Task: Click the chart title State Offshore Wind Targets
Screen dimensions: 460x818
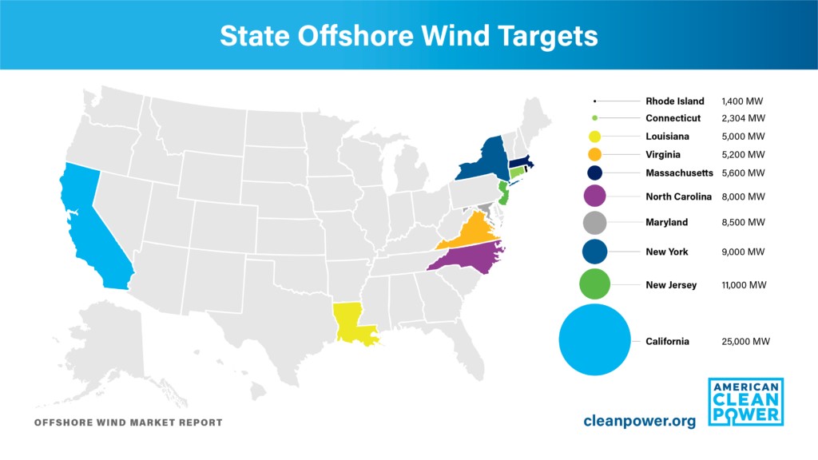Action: (x=408, y=36)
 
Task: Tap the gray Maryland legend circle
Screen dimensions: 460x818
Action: (x=594, y=222)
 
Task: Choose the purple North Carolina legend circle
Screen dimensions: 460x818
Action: (x=594, y=196)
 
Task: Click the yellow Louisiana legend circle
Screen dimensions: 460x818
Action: (x=594, y=137)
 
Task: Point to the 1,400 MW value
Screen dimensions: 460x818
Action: (x=743, y=101)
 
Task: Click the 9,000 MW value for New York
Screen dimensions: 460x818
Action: (x=743, y=252)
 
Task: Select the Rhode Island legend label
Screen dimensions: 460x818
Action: (x=675, y=101)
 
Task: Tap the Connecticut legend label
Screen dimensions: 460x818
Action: (x=673, y=118)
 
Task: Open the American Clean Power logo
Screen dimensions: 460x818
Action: (x=745, y=401)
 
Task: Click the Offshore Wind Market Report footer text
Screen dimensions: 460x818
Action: (x=128, y=422)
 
